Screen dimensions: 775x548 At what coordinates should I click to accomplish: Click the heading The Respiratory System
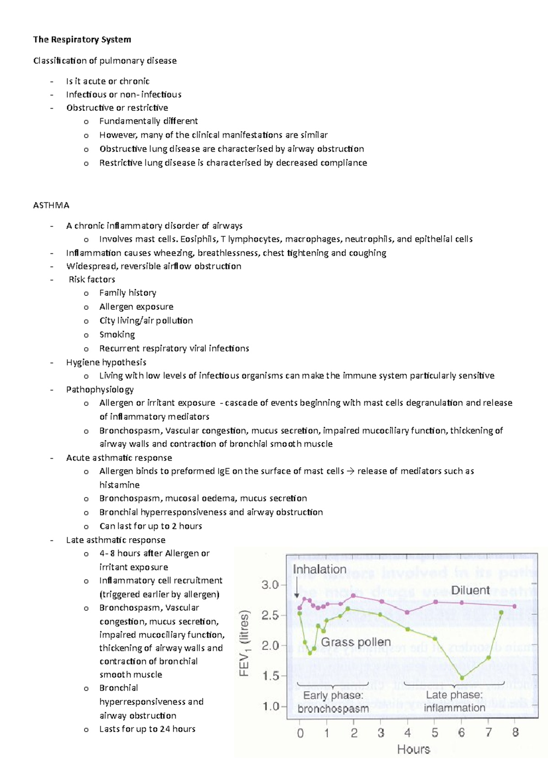pyautogui.click(x=82, y=40)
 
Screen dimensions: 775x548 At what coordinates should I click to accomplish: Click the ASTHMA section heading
pyautogui.click(x=51, y=205)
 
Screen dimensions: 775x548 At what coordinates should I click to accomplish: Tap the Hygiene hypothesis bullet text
pyautogui.click(x=106, y=362)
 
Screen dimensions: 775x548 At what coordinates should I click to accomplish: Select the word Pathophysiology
pyautogui.click(x=100, y=390)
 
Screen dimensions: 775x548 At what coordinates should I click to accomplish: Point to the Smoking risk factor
pyautogui.click(x=117, y=335)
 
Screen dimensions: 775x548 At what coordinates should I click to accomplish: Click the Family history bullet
pyautogui.click(x=127, y=293)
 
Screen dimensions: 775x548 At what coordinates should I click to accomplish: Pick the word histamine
pyautogui.click(x=119, y=485)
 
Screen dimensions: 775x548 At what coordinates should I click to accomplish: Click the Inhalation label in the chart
pyautogui.click(x=319, y=570)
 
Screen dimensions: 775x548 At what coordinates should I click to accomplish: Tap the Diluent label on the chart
pyautogui.click(x=470, y=590)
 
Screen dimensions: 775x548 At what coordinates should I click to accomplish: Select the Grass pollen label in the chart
pyautogui.click(x=356, y=642)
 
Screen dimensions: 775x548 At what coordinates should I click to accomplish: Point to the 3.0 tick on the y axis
pyautogui.click(x=270, y=585)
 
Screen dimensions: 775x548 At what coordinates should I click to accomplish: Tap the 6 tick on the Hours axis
pyautogui.click(x=461, y=733)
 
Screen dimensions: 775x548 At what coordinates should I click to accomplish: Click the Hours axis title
pyautogui.click(x=413, y=749)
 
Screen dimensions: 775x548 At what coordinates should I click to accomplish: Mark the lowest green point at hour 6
pyautogui.click(x=462, y=678)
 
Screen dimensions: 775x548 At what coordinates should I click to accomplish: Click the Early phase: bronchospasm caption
pyautogui.click(x=333, y=702)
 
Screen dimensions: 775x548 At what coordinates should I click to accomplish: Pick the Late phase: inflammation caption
pyautogui.click(x=454, y=702)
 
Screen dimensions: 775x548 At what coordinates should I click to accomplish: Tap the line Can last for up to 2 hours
pyautogui.click(x=150, y=526)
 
